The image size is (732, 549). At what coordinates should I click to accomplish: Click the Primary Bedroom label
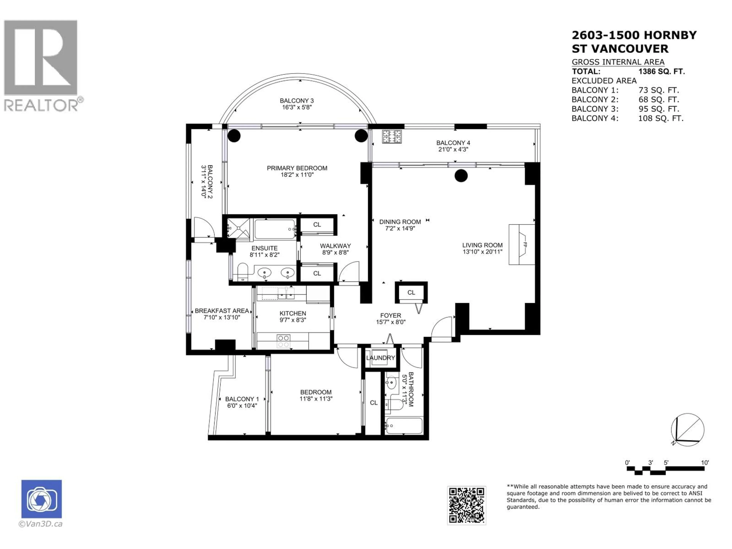click(297, 168)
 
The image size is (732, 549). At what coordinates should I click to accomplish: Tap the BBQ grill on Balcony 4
click(392, 136)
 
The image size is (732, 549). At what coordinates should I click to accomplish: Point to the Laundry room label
click(380, 358)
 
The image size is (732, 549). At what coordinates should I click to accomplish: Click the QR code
click(466, 505)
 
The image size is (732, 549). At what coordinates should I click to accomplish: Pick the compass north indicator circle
click(687, 429)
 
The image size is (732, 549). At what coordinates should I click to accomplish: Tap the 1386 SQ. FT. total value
click(661, 71)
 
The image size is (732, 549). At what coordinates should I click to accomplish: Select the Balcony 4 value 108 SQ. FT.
click(661, 118)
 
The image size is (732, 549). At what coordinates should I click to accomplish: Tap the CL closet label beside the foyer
click(411, 293)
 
